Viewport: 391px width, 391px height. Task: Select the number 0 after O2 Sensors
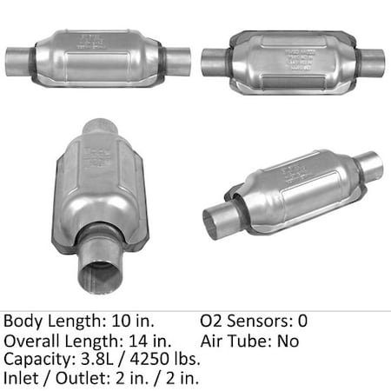click(302, 321)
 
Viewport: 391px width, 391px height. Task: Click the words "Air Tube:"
click(234, 340)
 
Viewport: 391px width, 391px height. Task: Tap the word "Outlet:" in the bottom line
click(76, 378)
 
